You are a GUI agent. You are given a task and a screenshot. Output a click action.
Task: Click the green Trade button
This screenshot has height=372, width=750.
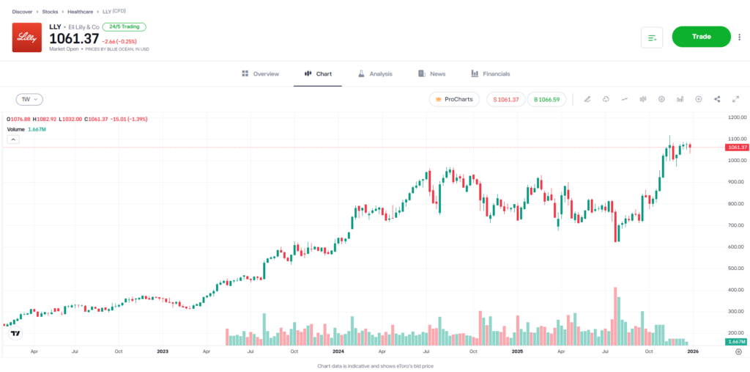click(701, 37)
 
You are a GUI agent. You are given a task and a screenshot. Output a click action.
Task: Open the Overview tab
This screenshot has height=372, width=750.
click(260, 74)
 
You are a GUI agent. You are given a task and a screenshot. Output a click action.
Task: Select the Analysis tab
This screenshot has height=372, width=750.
click(375, 74)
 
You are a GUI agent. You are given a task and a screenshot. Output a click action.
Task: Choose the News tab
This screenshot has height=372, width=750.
click(431, 74)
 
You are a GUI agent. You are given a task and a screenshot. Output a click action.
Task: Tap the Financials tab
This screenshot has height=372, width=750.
click(490, 74)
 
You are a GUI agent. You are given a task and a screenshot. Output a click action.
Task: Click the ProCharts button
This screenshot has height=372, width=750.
click(454, 99)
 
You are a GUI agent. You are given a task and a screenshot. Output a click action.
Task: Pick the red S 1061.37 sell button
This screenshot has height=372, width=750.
click(505, 99)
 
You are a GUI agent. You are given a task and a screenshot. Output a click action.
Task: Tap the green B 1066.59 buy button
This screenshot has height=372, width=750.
click(546, 99)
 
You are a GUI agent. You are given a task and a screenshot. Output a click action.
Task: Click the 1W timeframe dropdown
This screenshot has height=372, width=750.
click(29, 99)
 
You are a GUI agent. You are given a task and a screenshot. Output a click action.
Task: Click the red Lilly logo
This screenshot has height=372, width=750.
click(27, 37)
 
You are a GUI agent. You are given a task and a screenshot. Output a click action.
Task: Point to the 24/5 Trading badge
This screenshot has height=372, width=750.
click(124, 26)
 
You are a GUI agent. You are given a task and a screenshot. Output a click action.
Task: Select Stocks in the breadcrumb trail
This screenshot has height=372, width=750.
click(51, 12)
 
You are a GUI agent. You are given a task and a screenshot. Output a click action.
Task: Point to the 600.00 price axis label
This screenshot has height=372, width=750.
click(736, 247)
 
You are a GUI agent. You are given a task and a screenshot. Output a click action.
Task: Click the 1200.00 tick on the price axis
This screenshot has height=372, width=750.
click(736, 117)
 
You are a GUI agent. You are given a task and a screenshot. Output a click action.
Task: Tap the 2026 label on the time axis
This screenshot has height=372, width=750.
click(692, 351)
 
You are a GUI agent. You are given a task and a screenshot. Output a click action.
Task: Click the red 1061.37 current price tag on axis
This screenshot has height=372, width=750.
click(736, 147)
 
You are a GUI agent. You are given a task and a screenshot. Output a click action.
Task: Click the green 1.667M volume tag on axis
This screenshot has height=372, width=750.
click(736, 343)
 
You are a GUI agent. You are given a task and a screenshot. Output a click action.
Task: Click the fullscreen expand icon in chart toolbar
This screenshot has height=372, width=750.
click(735, 99)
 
